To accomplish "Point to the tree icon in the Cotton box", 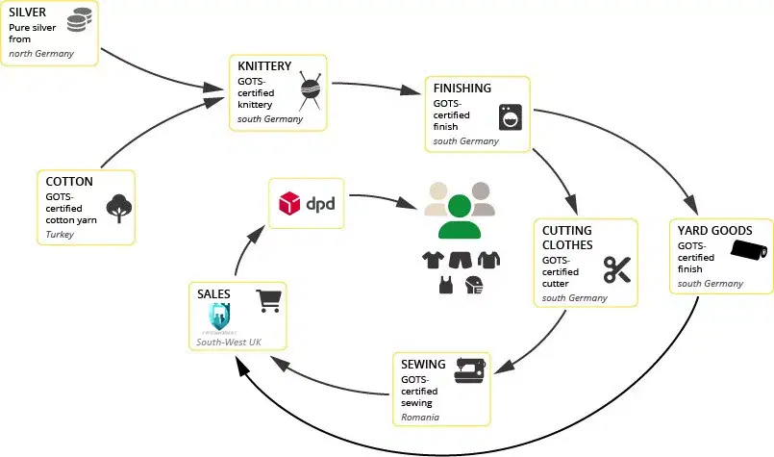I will [119, 205].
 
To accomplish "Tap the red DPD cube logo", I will [288, 204].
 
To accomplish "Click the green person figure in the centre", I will [458, 217].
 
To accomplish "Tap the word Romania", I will [420, 419].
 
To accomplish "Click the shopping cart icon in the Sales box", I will [268, 301].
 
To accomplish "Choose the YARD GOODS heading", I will [711, 231].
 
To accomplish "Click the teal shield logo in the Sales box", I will [220, 316].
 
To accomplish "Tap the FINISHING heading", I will [463, 88].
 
